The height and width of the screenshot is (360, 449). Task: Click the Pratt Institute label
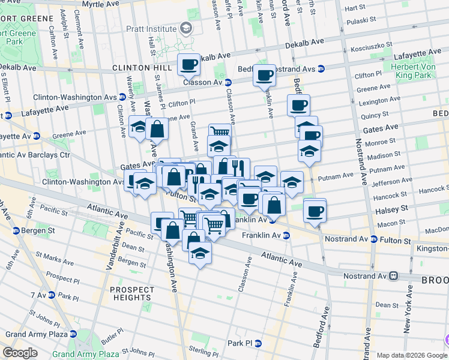[x=152, y=28]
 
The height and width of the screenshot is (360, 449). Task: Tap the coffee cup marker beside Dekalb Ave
[x=189, y=64]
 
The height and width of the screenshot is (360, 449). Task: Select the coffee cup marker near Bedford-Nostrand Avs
[x=264, y=75]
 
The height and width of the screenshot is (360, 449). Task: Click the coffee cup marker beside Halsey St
[x=314, y=211]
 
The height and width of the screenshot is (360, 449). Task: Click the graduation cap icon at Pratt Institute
[x=186, y=28]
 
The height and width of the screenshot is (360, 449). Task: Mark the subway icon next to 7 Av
[x=52, y=295]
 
